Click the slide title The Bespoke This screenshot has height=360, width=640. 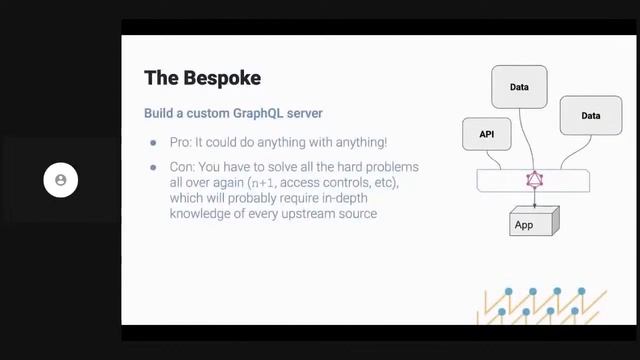[x=204, y=77]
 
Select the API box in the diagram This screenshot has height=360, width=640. [x=488, y=133]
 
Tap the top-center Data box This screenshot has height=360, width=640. [x=519, y=87]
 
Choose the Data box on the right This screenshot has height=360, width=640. [x=590, y=116]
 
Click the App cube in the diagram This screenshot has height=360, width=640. [x=525, y=224]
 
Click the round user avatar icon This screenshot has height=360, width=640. [x=61, y=180]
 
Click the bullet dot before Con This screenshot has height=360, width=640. [x=153, y=166]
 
